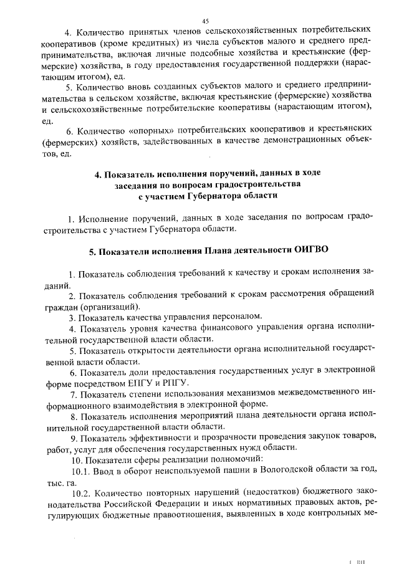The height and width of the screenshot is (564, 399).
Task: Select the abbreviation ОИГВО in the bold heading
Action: point(310,251)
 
